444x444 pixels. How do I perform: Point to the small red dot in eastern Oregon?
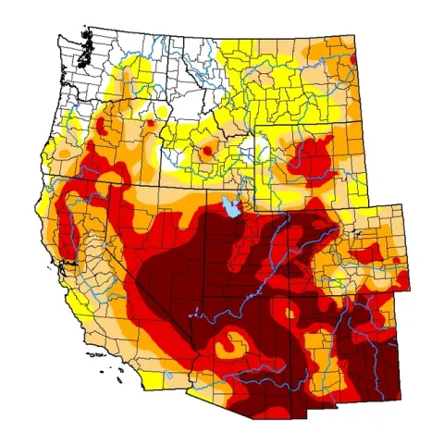150,122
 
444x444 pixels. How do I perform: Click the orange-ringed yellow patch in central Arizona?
227,349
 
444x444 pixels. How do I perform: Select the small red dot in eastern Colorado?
397,260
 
